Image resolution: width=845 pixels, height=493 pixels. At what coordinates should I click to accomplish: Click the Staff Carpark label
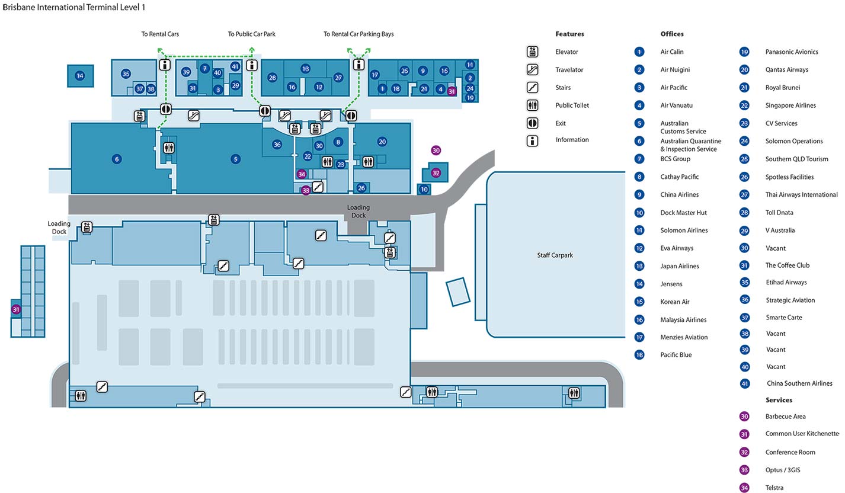(x=555, y=255)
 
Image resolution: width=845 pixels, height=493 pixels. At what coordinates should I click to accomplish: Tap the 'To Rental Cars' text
(x=160, y=34)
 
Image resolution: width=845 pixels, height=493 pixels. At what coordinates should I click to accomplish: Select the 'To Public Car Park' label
(x=252, y=34)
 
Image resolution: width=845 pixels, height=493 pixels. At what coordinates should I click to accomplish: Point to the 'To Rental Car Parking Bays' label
(x=359, y=34)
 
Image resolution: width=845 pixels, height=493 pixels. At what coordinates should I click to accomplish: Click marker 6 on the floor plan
(x=117, y=159)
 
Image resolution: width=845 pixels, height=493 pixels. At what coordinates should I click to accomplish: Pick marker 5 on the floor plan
(x=235, y=159)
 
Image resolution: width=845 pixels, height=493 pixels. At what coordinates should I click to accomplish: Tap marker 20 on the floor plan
(x=382, y=142)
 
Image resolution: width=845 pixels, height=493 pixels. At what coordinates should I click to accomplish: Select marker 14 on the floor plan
(x=80, y=76)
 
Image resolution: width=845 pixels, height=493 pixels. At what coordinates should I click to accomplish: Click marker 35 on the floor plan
(x=126, y=74)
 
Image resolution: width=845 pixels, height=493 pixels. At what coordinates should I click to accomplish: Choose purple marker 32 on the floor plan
(x=436, y=173)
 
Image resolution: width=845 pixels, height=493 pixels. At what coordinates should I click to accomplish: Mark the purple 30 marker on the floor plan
(x=436, y=151)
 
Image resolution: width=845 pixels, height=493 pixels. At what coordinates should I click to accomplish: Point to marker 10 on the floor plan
(x=424, y=190)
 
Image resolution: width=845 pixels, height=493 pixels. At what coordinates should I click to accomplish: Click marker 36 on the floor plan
(x=277, y=145)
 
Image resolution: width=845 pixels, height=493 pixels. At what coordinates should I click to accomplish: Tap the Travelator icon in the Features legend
(x=532, y=70)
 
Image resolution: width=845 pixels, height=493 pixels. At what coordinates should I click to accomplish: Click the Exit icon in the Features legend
(x=532, y=123)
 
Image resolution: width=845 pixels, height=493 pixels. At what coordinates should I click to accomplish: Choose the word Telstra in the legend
(x=774, y=488)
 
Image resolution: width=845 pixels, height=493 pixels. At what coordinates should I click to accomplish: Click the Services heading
(x=779, y=400)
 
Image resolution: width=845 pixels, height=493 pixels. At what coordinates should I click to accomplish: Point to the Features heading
(x=569, y=34)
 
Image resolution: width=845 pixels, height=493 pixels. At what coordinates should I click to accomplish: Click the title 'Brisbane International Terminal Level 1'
(x=73, y=7)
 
